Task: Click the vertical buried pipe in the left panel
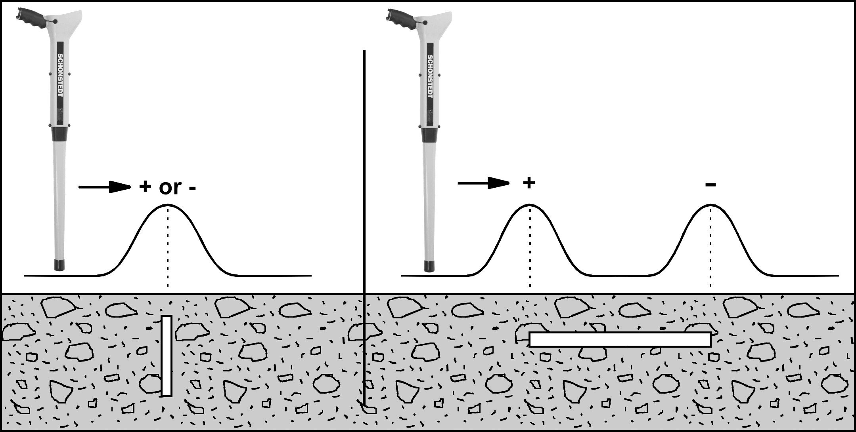[x=167, y=356]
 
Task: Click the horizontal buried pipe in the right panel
[x=620, y=339]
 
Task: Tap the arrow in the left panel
[x=105, y=187]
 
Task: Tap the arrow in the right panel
[x=483, y=183]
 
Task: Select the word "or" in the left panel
[x=170, y=188]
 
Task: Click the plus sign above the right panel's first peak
[x=529, y=183]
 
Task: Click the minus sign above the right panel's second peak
[x=710, y=184]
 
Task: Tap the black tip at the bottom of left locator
[x=59, y=265]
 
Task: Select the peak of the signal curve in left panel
[x=168, y=205]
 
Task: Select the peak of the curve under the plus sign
[x=530, y=205]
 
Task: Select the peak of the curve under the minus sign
[x=710, y=205]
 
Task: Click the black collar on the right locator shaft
[x=430, y=134]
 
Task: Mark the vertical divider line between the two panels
[x=364, y=230]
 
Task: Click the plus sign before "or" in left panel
[x=146, y=187]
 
